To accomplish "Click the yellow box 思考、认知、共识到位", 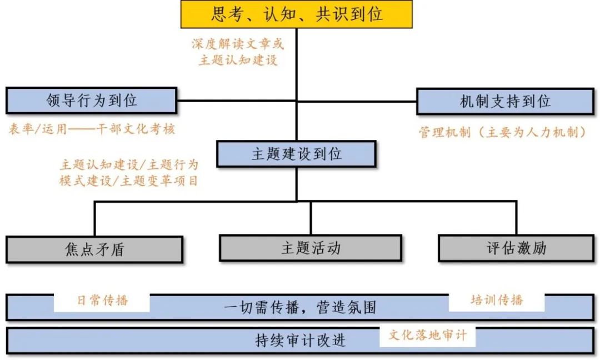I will coord(297,14).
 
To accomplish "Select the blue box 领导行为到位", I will coord(92,101).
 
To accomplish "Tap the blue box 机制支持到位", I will coord(505,101).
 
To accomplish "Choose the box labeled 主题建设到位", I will coord(296,154).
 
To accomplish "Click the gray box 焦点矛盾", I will coord(94,249).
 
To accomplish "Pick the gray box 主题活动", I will coord(310,247).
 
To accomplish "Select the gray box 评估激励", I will coord(516,248).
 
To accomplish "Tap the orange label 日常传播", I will coord(102,300).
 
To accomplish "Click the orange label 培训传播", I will coord(497,300).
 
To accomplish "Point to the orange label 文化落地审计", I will coord(428,335).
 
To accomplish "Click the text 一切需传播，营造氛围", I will coord(300,307).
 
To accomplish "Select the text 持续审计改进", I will coord(300,340).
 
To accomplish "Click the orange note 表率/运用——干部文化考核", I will coord(92,129).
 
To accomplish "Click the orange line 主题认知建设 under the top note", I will coord(238,60).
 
